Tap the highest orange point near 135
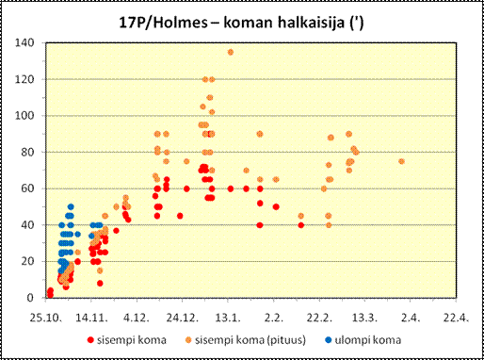coord(231,52)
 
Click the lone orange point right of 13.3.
coord(401,161)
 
